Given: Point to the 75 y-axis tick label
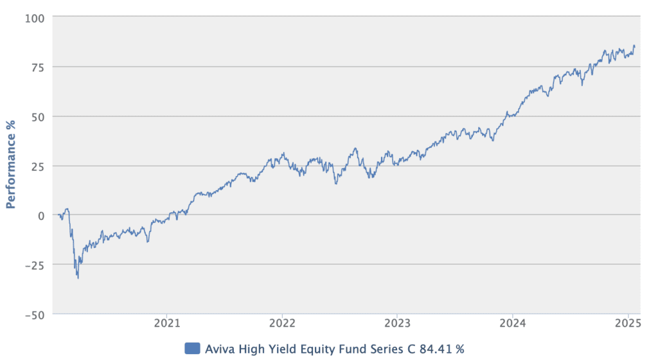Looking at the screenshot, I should [x=36, y=67].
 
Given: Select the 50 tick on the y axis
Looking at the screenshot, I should [x=36, y=116].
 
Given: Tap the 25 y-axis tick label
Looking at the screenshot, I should [x=36, y=166].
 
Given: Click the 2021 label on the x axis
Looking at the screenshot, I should [x=166, y=324].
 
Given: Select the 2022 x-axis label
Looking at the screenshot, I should [x=282, y=324].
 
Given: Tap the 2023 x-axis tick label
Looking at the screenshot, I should [x=397, y=324].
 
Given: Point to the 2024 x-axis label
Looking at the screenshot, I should [x=513, y=324].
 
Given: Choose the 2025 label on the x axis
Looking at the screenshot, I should [x=628, y=324].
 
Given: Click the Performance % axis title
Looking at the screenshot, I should [x=11, y=165].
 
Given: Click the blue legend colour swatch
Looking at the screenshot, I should [x=191, y=348].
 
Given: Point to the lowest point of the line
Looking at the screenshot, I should [x=78, y=278].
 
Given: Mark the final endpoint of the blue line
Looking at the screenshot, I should [x=634, y=46].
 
